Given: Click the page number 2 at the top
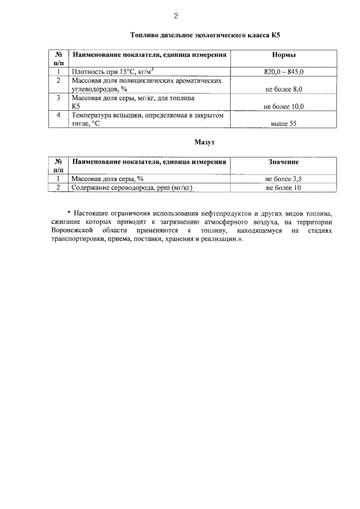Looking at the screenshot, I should coord(175,15).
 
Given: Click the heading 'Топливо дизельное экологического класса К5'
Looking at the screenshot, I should coord(205,35).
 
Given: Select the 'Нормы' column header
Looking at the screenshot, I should coord(283,55).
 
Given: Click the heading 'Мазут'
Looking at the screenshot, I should coord(205,142).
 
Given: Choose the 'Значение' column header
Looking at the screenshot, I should coord(283,162).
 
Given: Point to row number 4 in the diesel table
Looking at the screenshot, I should coord(58,115).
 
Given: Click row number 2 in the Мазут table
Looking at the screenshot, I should coord(58,188).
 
